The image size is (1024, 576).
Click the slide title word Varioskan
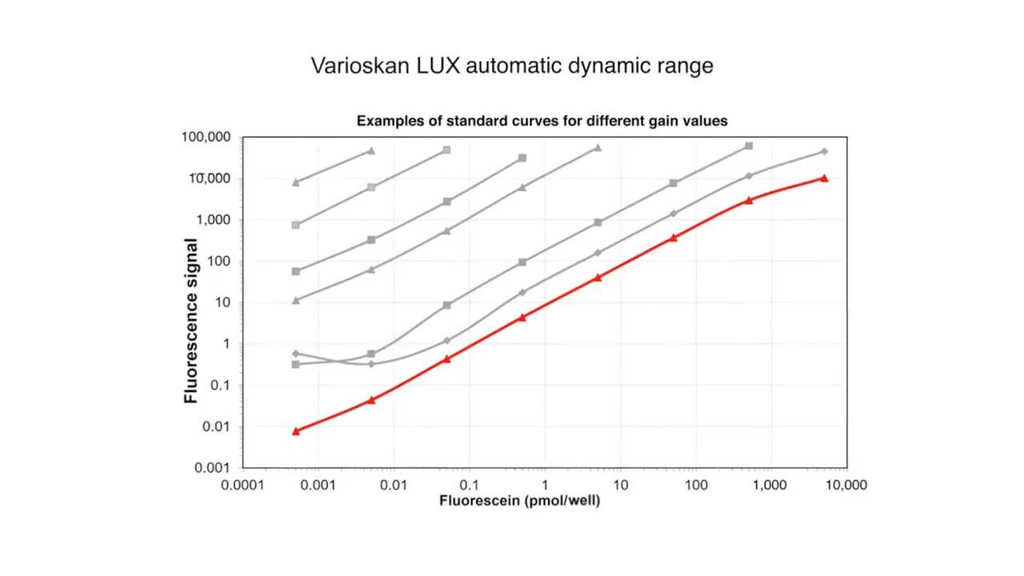pos(361,66)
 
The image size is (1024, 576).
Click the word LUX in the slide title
pos(438,66)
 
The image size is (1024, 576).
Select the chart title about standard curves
pos(542,121)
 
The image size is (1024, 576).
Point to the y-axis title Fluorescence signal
pos(191,321)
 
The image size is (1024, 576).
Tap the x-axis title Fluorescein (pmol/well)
pos(519,501)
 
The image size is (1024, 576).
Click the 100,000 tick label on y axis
pos(206,138)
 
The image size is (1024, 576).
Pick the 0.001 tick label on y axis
pos(212,468)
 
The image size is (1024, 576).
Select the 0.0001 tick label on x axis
pos(243,485)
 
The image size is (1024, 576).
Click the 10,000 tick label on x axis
pos(846,485)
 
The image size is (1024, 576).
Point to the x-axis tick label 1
pos(545,485)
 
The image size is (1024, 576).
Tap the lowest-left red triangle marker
pos(296,431)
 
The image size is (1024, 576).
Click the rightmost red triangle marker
pos(824,178)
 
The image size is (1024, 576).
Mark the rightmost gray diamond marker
pos(824,151)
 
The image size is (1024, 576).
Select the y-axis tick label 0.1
pos(220,386)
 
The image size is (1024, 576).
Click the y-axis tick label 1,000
pos(214,220)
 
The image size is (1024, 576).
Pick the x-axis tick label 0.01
pos(393,485)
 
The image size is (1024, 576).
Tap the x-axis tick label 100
pos(695,485)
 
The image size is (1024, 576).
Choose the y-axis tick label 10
pos(223,302)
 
